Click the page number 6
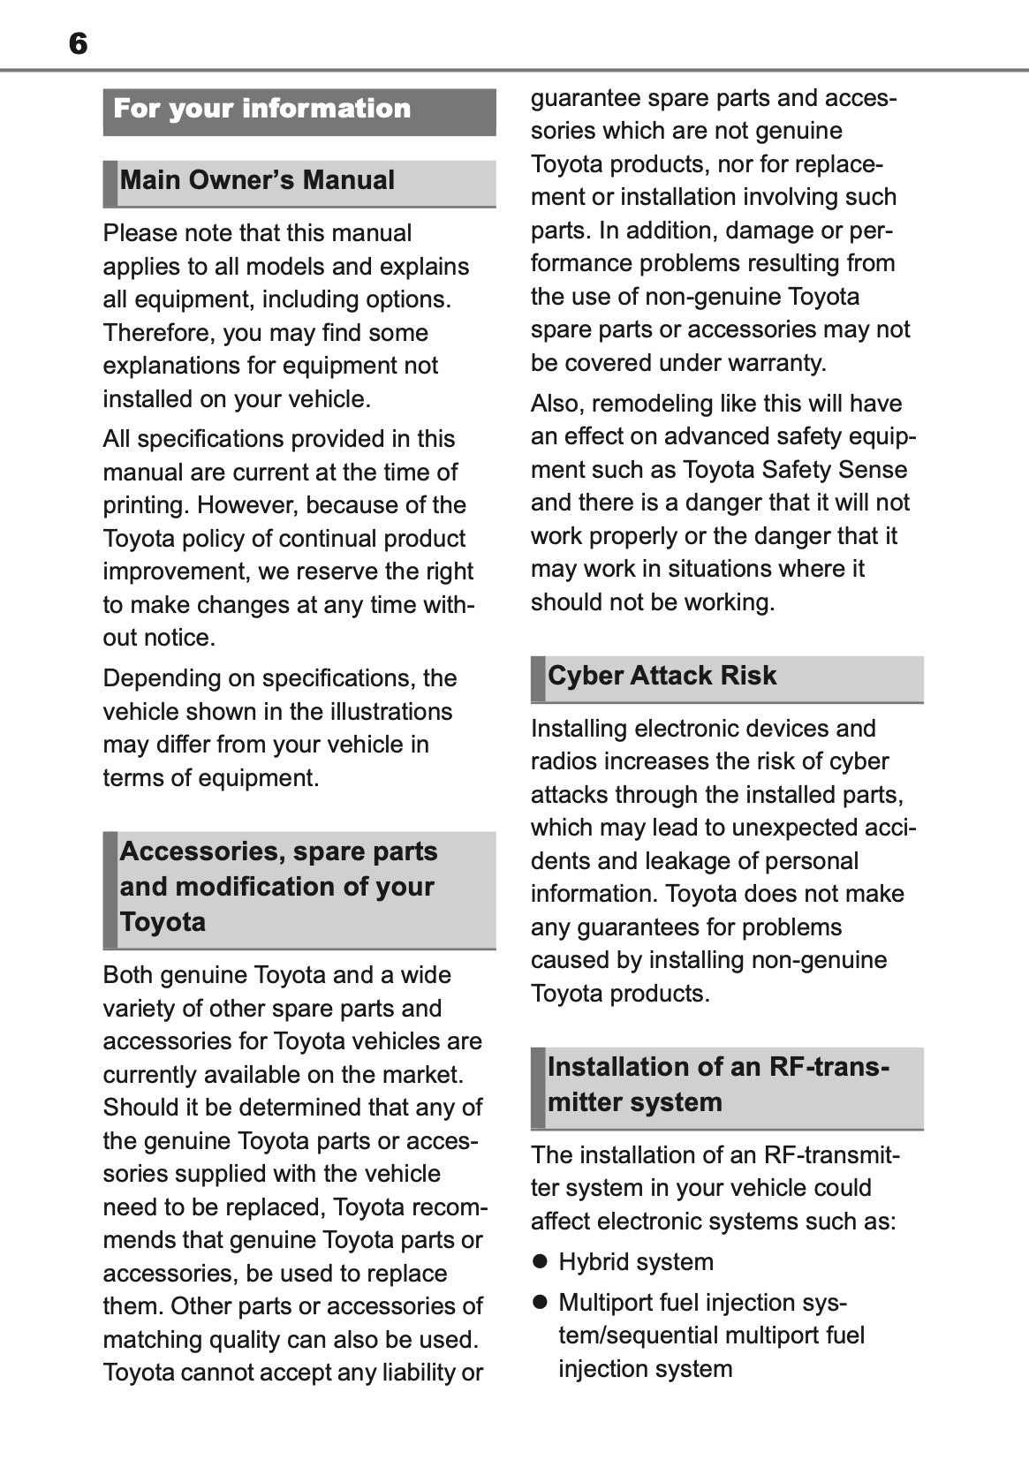pos(78,43)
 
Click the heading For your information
pos(262,109)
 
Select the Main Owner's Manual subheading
pos(257,180)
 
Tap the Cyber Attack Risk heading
pos(662,676)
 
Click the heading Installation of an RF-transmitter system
pos(718,1085)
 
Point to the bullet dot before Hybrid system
pos(540,1261)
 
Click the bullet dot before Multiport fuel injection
pos(540,1302)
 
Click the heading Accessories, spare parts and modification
pos(278,886)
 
